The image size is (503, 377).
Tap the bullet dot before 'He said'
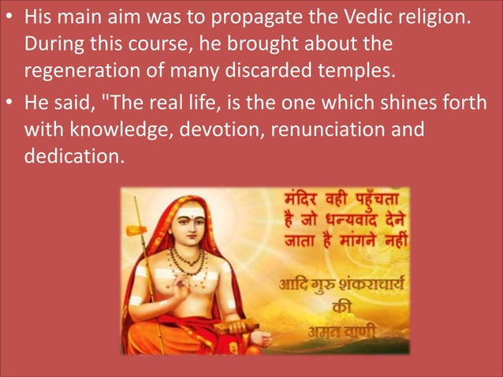point(9,103)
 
